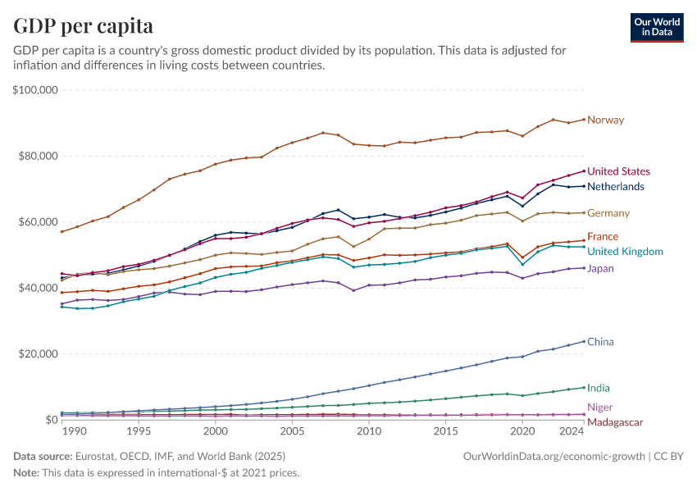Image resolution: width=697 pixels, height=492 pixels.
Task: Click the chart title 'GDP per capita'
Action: pyautogui.click(x=83, y=25)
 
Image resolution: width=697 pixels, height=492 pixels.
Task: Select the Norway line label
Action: pyautogui.click(x=605, y=121)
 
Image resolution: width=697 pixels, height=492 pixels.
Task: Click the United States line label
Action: pyautogui.click(x=619, y=171)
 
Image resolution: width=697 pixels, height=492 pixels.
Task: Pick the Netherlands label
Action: pyautogui.click(x=616, y=187)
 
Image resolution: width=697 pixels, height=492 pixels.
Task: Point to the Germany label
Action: pyautogui.click(x=608, y=213)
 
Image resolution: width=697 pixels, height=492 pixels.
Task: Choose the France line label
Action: pyautogui.click(x=603, y=237)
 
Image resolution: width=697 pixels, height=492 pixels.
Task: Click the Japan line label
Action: pyautogui.click(x=601, y=268)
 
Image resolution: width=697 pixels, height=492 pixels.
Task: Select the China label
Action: pyautogui.click(x=600, y=342)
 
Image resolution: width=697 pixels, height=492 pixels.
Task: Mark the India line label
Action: pyautogui.click(x=599, y=388)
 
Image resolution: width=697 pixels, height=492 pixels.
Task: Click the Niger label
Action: pyautogui.click(x=599, y=408)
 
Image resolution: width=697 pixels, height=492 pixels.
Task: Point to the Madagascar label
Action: pyautogui.click(x=615, y=421)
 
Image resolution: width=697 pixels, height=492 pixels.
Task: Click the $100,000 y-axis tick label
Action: pyautogui.click(x=34, y=90)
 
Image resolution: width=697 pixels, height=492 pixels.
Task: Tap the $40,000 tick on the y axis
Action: pyautogui.click(x=37, y=288)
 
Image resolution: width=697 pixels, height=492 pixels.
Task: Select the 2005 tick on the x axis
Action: pyautogui.click(x=292, y=431)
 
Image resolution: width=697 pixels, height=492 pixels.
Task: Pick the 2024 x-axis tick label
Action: pyautogui.click(x=572, y=431)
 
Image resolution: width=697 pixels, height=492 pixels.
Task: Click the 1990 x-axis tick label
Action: pyautogui.click(x=74, y=431)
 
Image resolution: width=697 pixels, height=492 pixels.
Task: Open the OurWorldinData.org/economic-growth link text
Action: pyautogui.click(x=554, y=456)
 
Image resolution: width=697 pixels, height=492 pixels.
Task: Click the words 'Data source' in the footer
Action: pyautogui.click(x=43, y=456)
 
